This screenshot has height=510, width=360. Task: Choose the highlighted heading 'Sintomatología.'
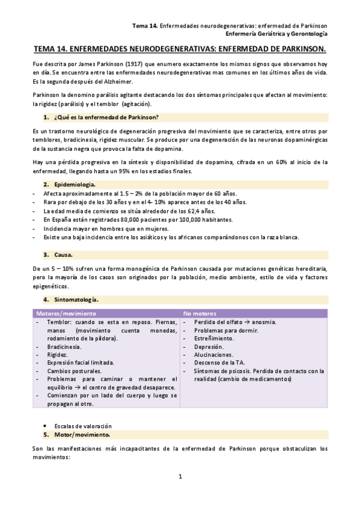(76, 299)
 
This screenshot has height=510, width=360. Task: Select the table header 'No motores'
(200, 313)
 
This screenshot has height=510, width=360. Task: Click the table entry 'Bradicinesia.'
(66, 347)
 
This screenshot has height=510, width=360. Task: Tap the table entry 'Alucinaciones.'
(214, 355)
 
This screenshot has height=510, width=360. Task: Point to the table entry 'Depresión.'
(209, 347)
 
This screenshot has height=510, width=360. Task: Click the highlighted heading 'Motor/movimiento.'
(80, 434)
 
